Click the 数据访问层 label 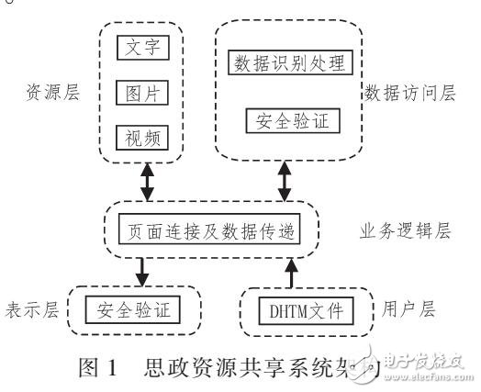(x=405, y=92)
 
